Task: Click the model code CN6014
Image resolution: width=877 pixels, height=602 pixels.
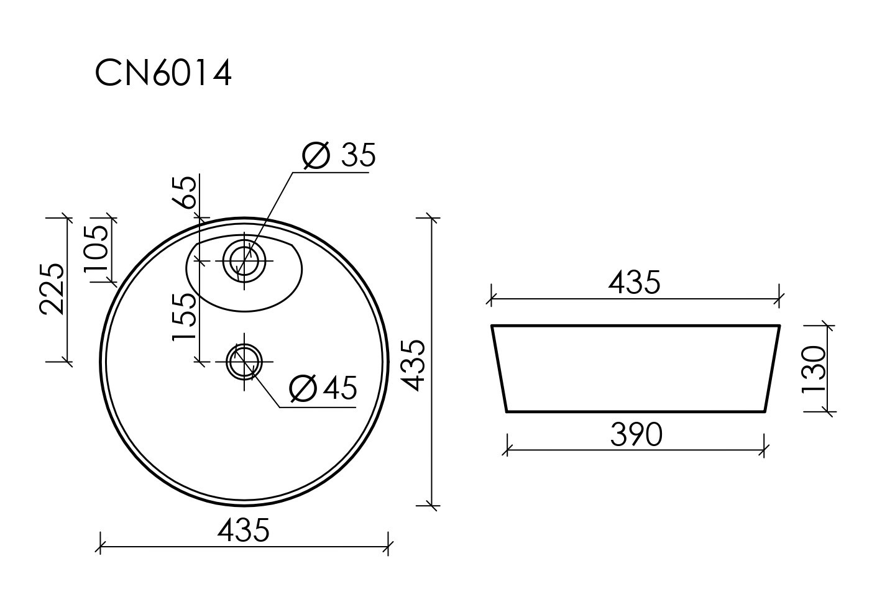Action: (163, 73)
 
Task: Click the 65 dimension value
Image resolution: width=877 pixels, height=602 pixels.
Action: (183, 192)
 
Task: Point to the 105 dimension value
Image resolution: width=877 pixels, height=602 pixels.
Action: (96, 249)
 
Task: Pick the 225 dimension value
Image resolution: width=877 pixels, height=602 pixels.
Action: (52, 289)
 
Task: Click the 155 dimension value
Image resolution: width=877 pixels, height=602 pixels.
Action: (183, 317)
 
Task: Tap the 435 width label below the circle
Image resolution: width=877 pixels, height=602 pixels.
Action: (244, 531)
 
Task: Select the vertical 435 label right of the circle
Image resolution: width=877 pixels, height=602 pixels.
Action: (413, 365)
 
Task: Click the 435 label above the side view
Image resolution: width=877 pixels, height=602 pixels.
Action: (634, 283)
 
